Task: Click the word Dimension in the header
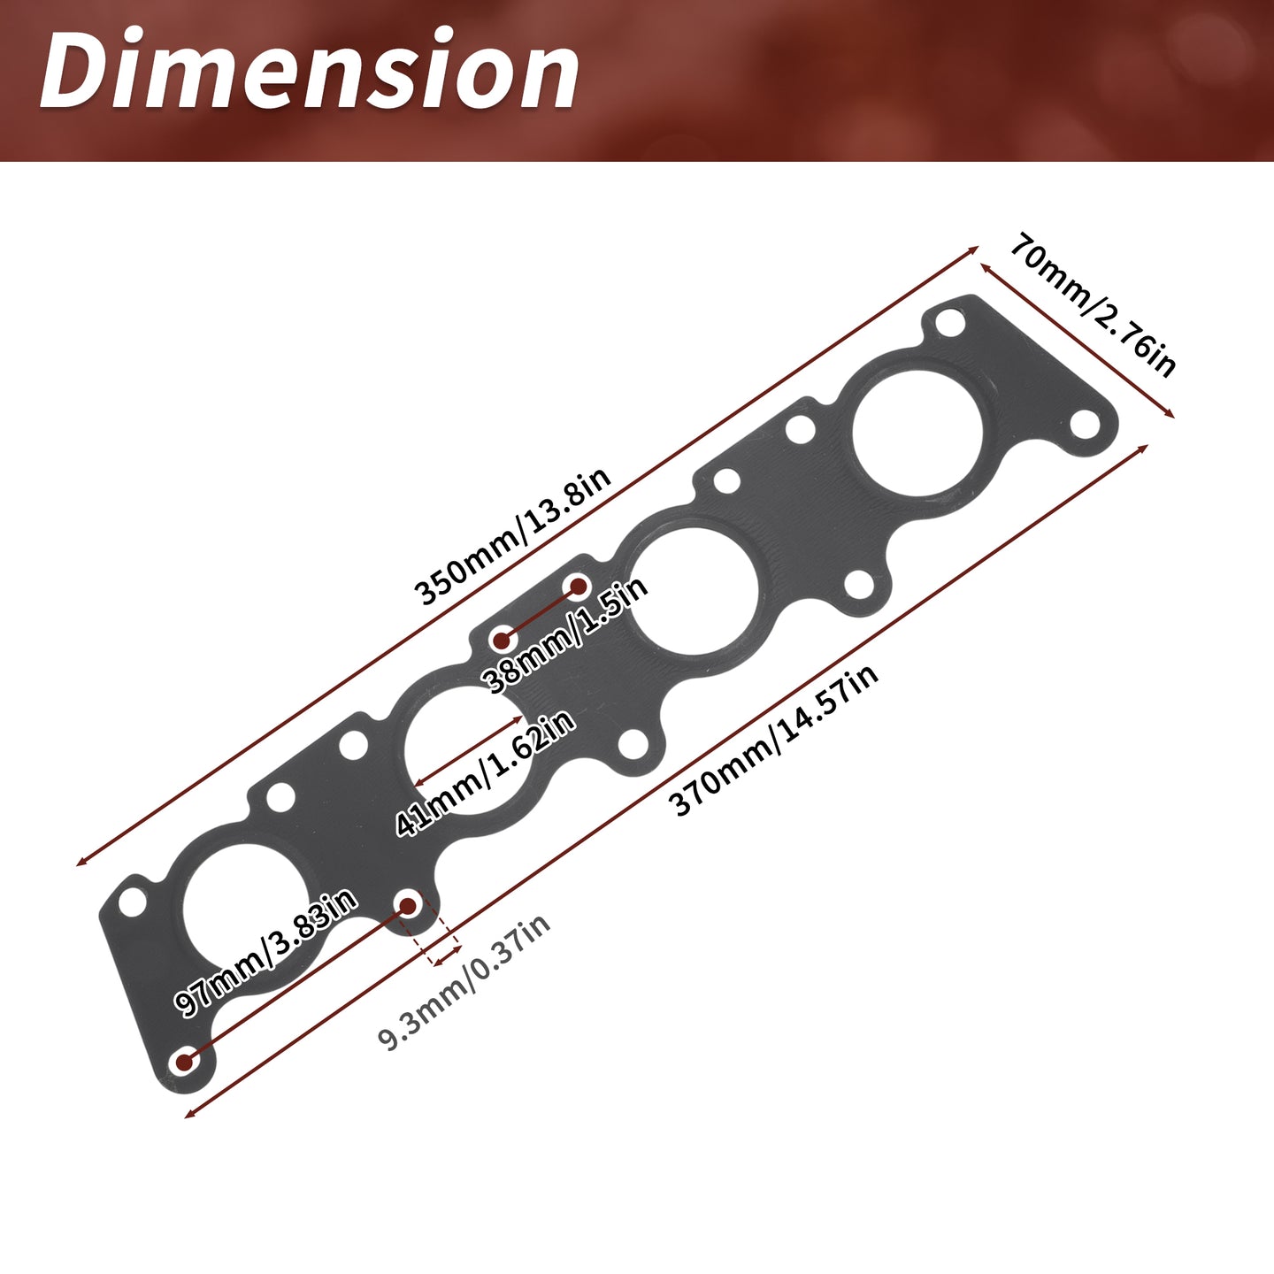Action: [x=310, y=69]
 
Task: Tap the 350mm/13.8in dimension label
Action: [x=512, y=535]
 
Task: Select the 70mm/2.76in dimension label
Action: [x=1093, y=304]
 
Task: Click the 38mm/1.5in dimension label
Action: [x=566, y=634]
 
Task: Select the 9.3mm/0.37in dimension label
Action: [x=464, y=982]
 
